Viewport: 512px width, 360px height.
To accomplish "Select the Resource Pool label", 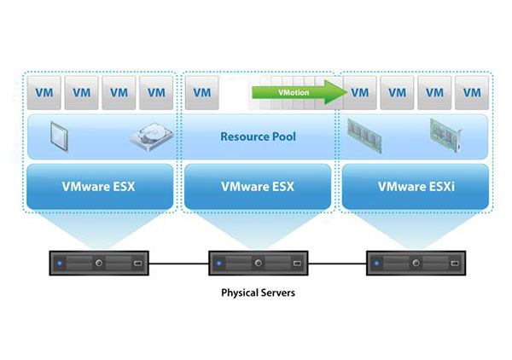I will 258,136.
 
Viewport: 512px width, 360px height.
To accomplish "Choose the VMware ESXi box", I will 416,185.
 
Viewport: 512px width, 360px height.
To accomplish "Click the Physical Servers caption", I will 258,293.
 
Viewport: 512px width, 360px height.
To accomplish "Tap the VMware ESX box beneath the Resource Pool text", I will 258,185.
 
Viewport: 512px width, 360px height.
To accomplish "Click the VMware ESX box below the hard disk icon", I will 101,185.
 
